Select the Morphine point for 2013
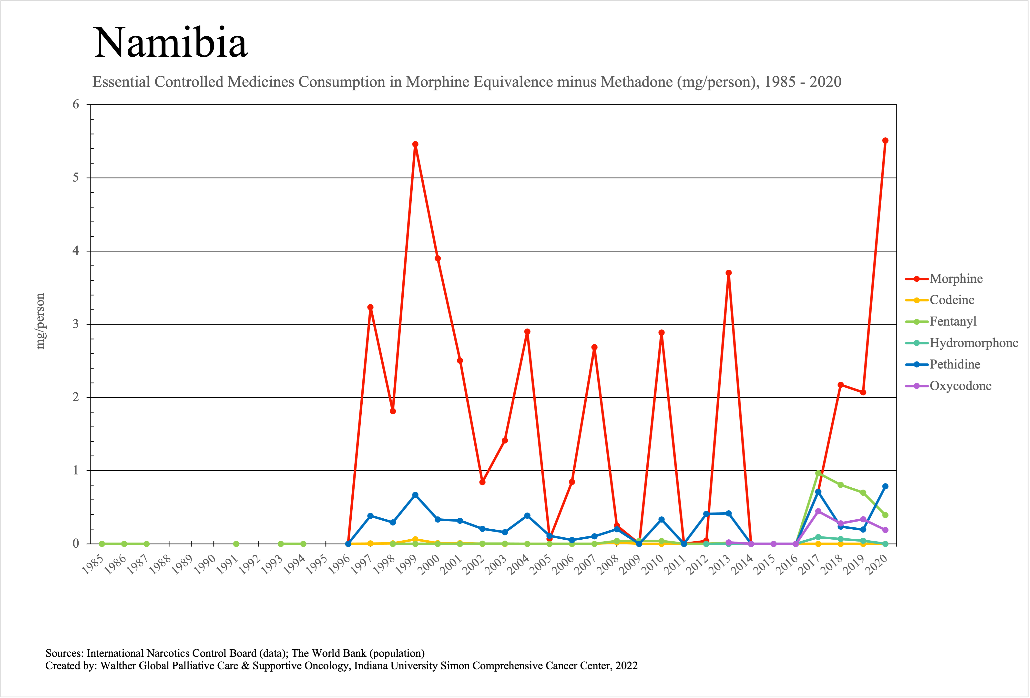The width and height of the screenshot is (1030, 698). pos(729,273)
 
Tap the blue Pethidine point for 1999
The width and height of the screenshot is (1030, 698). pos(415,495)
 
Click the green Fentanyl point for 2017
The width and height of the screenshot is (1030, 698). pos(818,473)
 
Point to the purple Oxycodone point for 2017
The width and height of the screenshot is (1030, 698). pos(818,512)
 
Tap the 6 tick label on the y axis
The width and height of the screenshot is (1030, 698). pos(76,105)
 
